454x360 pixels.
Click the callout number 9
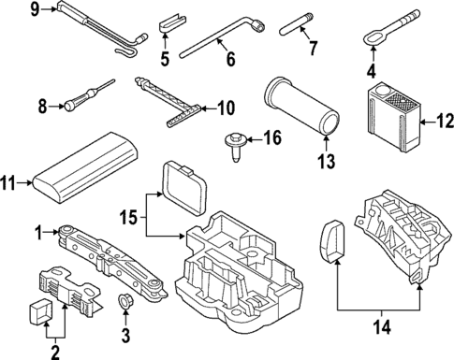coord(8,10)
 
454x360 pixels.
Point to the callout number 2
coord(54,352)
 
